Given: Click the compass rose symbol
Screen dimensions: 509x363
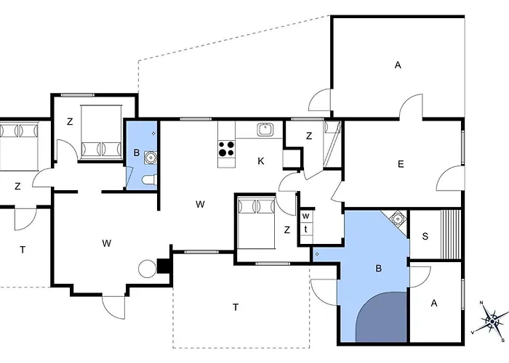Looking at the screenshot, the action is tap(492, 321).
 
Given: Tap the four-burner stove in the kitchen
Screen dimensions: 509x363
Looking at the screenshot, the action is tap(226, 149).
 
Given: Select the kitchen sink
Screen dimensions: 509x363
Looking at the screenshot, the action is tap(266, 130).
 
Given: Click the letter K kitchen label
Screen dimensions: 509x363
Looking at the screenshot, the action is tap(260, 161).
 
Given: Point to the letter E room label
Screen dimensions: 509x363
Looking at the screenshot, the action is tap(401, 164).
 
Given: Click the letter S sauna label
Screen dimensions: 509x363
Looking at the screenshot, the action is tap(425, 236).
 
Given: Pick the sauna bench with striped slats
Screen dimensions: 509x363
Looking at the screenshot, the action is tap(451, 234).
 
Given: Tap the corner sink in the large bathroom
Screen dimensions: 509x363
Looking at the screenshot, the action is tap(397, 219).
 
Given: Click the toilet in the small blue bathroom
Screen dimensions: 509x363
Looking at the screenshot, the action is tap(151, 180).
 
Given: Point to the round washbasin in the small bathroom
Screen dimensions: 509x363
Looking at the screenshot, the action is tap(151, 158).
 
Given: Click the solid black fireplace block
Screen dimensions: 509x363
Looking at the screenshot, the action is tap(164, 266).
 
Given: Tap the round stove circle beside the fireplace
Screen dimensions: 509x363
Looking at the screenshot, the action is tap(148, 269).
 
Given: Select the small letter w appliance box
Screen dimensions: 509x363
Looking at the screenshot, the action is tap(306, 216).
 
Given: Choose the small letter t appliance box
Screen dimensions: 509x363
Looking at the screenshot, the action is tap(306, 229).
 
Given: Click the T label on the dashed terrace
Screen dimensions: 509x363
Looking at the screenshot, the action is tap(236, 307).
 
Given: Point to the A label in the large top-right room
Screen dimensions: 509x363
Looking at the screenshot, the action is tap(398, 65).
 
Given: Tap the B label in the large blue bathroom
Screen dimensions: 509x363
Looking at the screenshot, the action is tap(378, 269).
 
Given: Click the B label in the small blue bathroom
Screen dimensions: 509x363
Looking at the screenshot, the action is tap(137, 152).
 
